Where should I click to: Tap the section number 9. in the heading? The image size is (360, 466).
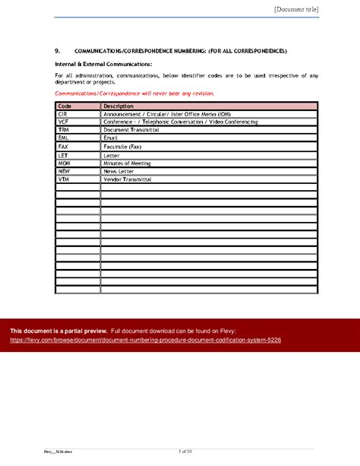(58, 51)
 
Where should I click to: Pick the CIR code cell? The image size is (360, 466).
(63, 113)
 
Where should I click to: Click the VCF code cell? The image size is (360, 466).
(63, 122)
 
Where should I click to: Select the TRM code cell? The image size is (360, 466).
(63, 130)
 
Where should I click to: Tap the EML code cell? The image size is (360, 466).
(63, 138)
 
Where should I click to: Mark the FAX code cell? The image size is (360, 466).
(63, 147)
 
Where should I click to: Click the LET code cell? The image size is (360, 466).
(63, 155)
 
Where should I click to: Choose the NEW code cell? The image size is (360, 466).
(64, 172)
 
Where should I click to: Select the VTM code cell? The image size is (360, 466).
(64, 180)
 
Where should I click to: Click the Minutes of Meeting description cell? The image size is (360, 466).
(127, 163)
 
